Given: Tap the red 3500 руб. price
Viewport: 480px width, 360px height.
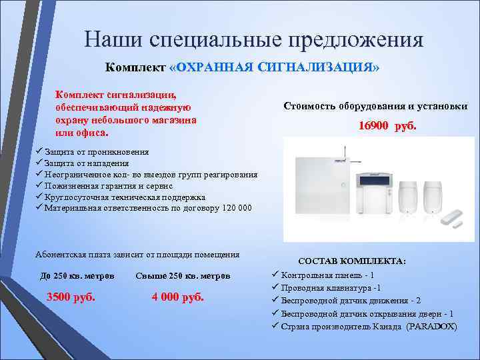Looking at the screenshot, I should [x=70, y=297].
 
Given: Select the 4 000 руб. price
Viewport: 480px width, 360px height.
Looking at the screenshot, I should [x=177, y=297].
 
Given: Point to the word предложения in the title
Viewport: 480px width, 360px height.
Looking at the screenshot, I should [x=355, y=39].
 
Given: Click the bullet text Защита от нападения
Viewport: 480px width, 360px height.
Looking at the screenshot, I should [x=87, y=163].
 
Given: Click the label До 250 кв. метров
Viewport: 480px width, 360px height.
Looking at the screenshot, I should [x=77, y=276].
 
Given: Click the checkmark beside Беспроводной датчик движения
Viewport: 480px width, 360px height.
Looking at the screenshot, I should [x=275, y=301].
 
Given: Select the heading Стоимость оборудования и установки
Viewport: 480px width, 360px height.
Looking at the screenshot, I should [x=375, y=106].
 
